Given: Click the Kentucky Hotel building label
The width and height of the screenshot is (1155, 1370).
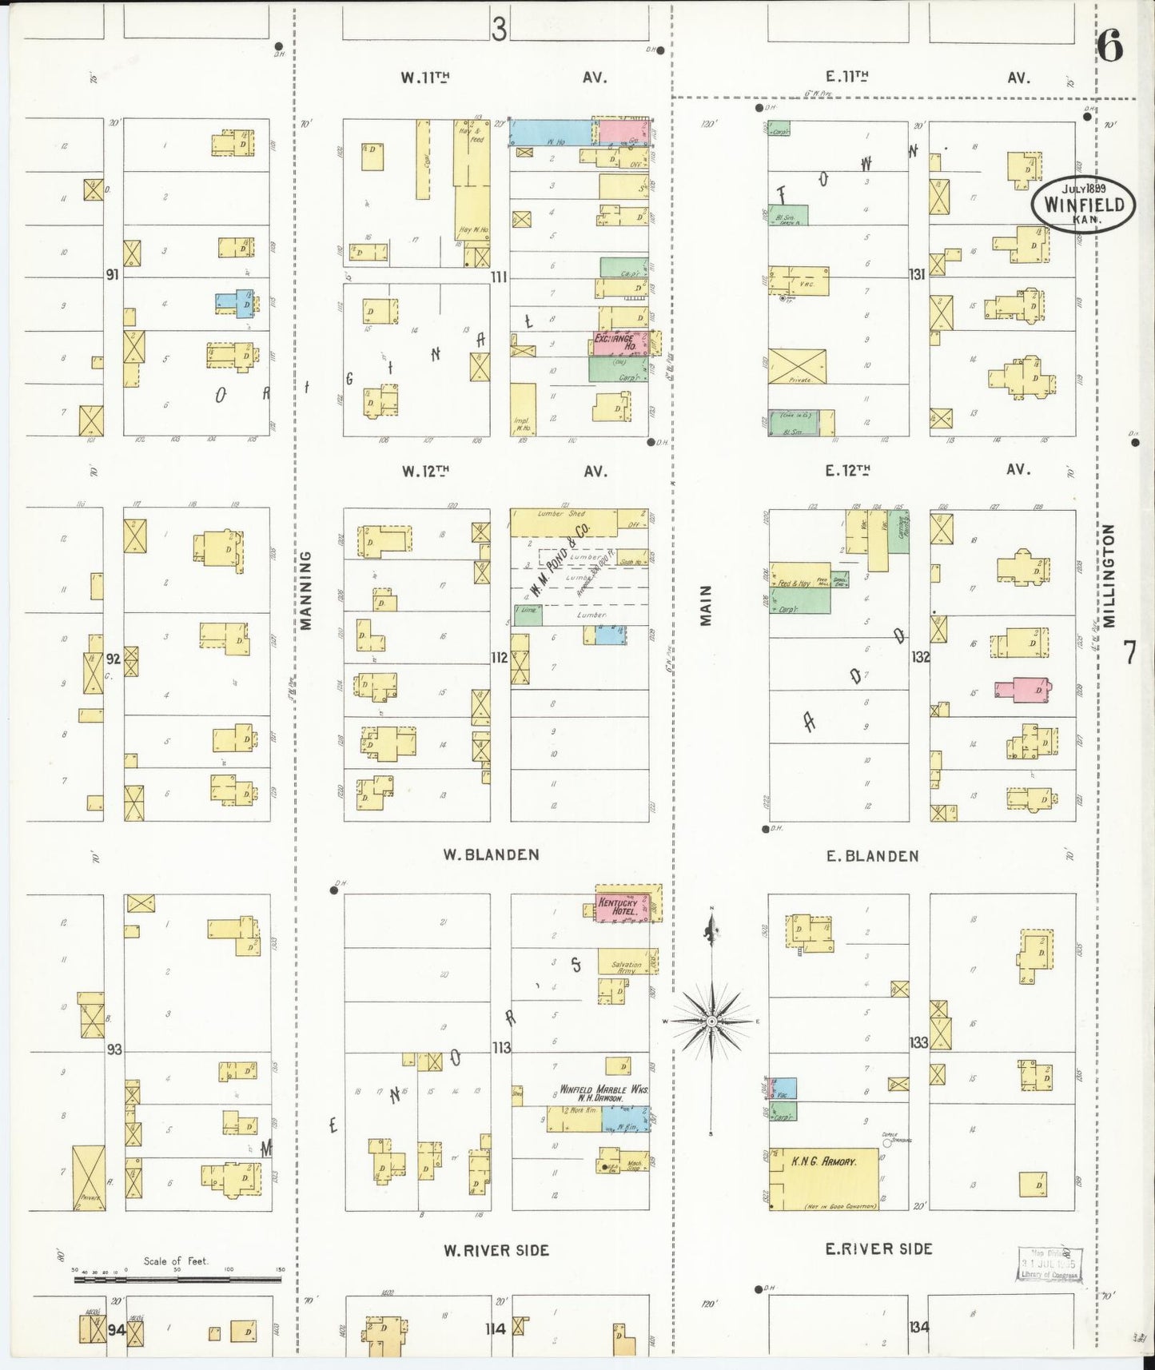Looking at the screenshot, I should tap(616, 907).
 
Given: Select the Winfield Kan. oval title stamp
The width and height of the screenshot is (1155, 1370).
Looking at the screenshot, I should tap(1083, 205).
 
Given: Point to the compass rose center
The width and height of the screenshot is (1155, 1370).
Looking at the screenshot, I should tap(711, 1022).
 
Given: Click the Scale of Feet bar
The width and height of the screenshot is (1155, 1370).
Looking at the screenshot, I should tap(177, 1280).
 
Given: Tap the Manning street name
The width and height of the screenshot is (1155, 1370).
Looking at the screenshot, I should tap(306, 590).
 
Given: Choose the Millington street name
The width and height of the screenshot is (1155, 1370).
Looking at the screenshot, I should tap(1109, 575).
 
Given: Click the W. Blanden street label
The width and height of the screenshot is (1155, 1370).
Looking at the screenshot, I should tap(491, 854).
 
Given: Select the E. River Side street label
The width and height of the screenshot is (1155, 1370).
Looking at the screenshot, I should tap(878, 1248).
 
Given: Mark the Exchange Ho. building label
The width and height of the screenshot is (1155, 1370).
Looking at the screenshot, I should tap(615, 342).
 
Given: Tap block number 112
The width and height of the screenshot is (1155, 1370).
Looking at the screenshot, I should tap(500, 658).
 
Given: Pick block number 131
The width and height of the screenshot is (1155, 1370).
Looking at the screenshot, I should tap(916, 274).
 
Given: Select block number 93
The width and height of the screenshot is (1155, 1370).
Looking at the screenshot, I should tap(114, 1048).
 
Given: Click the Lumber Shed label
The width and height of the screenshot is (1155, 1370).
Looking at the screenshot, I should tap(562, 514).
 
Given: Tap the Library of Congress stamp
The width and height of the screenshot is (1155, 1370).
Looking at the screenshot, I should tap(1049, 1264).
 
